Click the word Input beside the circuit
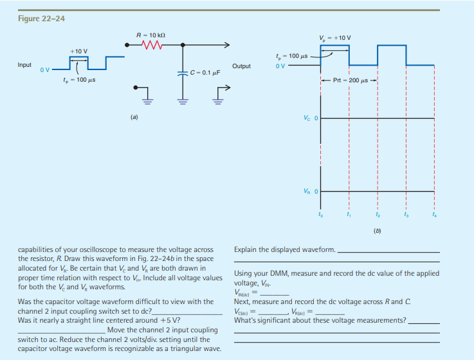[25, 65]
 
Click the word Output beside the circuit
[241, 66]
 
